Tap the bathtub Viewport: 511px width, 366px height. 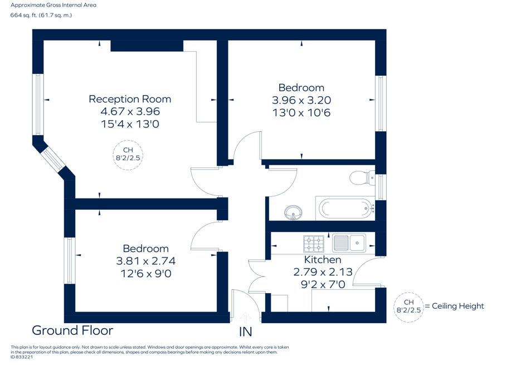(345, 208)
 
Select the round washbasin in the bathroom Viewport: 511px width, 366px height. (293, 212)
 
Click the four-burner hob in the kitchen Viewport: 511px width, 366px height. (314, 244)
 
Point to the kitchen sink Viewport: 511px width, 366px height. (349, 243)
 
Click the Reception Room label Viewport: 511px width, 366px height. (130, 99)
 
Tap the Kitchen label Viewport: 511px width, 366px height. (323, 260)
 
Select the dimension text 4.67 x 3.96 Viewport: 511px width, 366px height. (130, 111)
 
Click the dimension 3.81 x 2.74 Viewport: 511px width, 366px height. (145, 261)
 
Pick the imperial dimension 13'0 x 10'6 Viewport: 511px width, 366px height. (301, 112)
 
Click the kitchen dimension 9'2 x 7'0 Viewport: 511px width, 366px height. (323, 284)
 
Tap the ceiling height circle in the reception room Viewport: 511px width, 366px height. (128, 155)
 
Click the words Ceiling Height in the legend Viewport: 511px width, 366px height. (458, 306)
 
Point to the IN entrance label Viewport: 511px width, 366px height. (245, 332)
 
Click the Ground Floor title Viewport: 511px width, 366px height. (72, 330)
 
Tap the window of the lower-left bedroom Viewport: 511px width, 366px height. (70, 260)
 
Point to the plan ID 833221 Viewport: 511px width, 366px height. (22, 357)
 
